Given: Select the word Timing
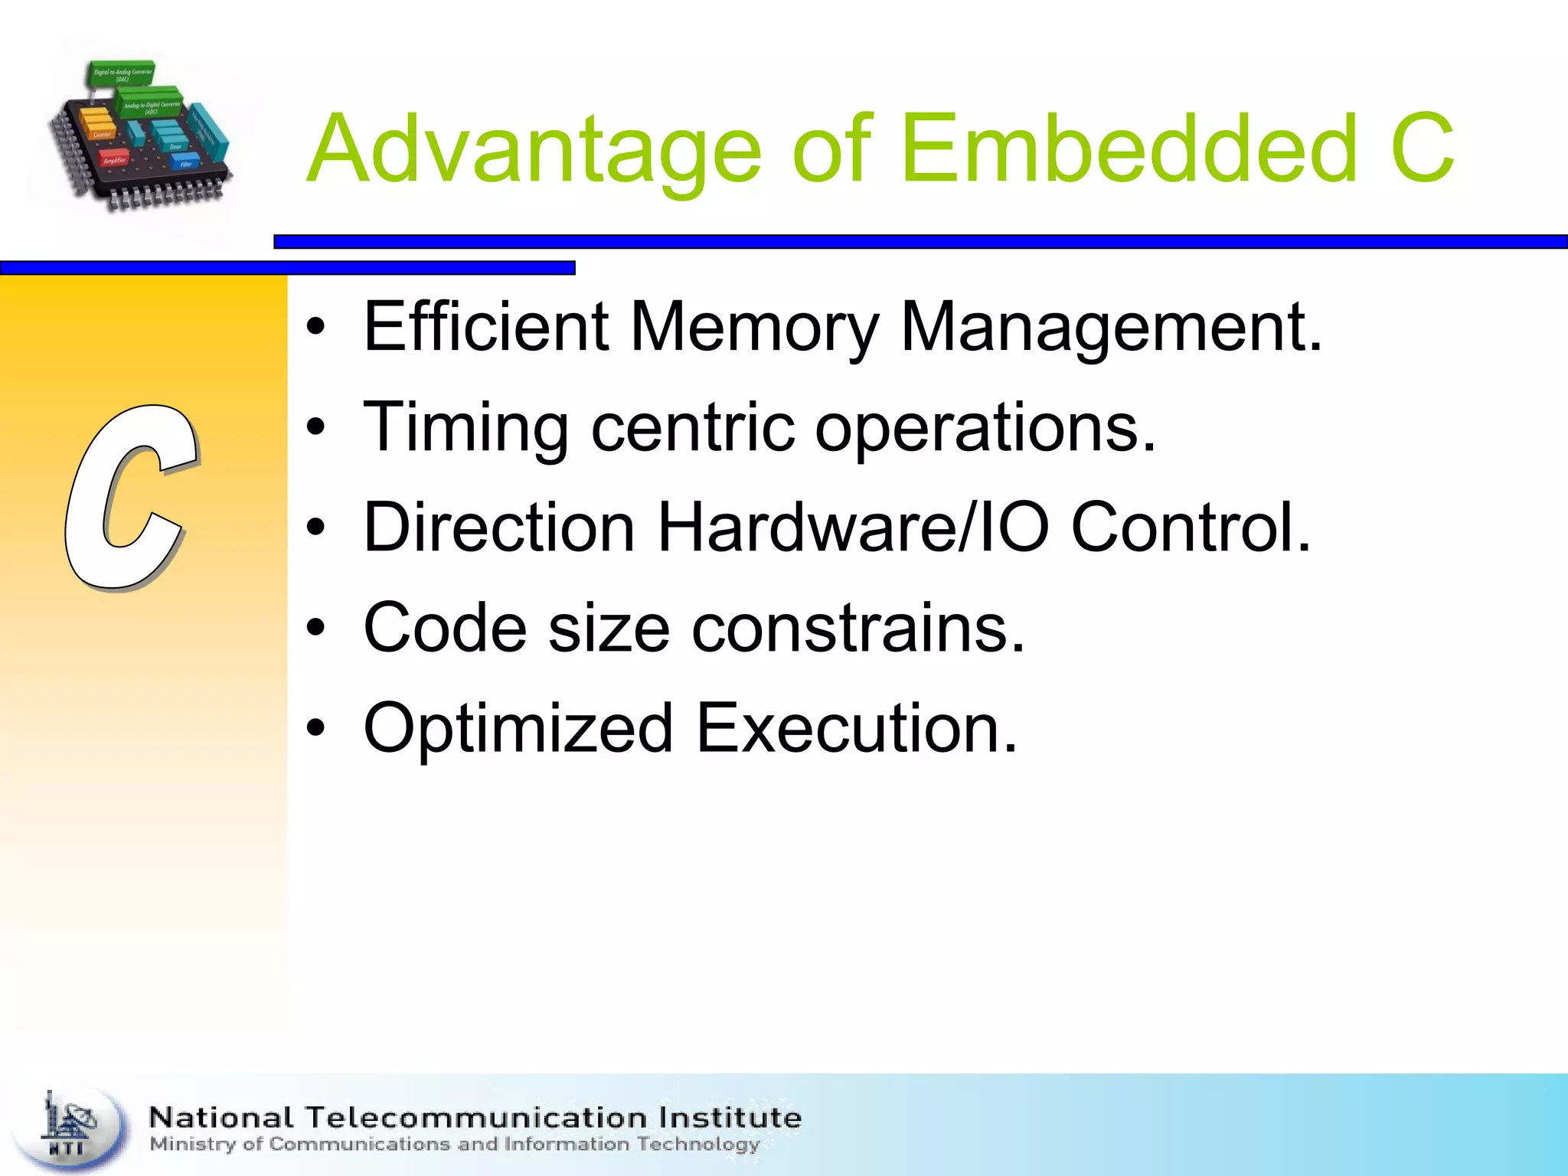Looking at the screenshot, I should tap(465, 429).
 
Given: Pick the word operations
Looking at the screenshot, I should tap(985, 429).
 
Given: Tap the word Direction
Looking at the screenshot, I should tap(499, 528).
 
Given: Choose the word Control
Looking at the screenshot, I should tap(1191, 528).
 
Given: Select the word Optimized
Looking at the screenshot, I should tap(518, 729).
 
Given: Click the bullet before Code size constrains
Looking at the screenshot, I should tap(315, 629).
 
